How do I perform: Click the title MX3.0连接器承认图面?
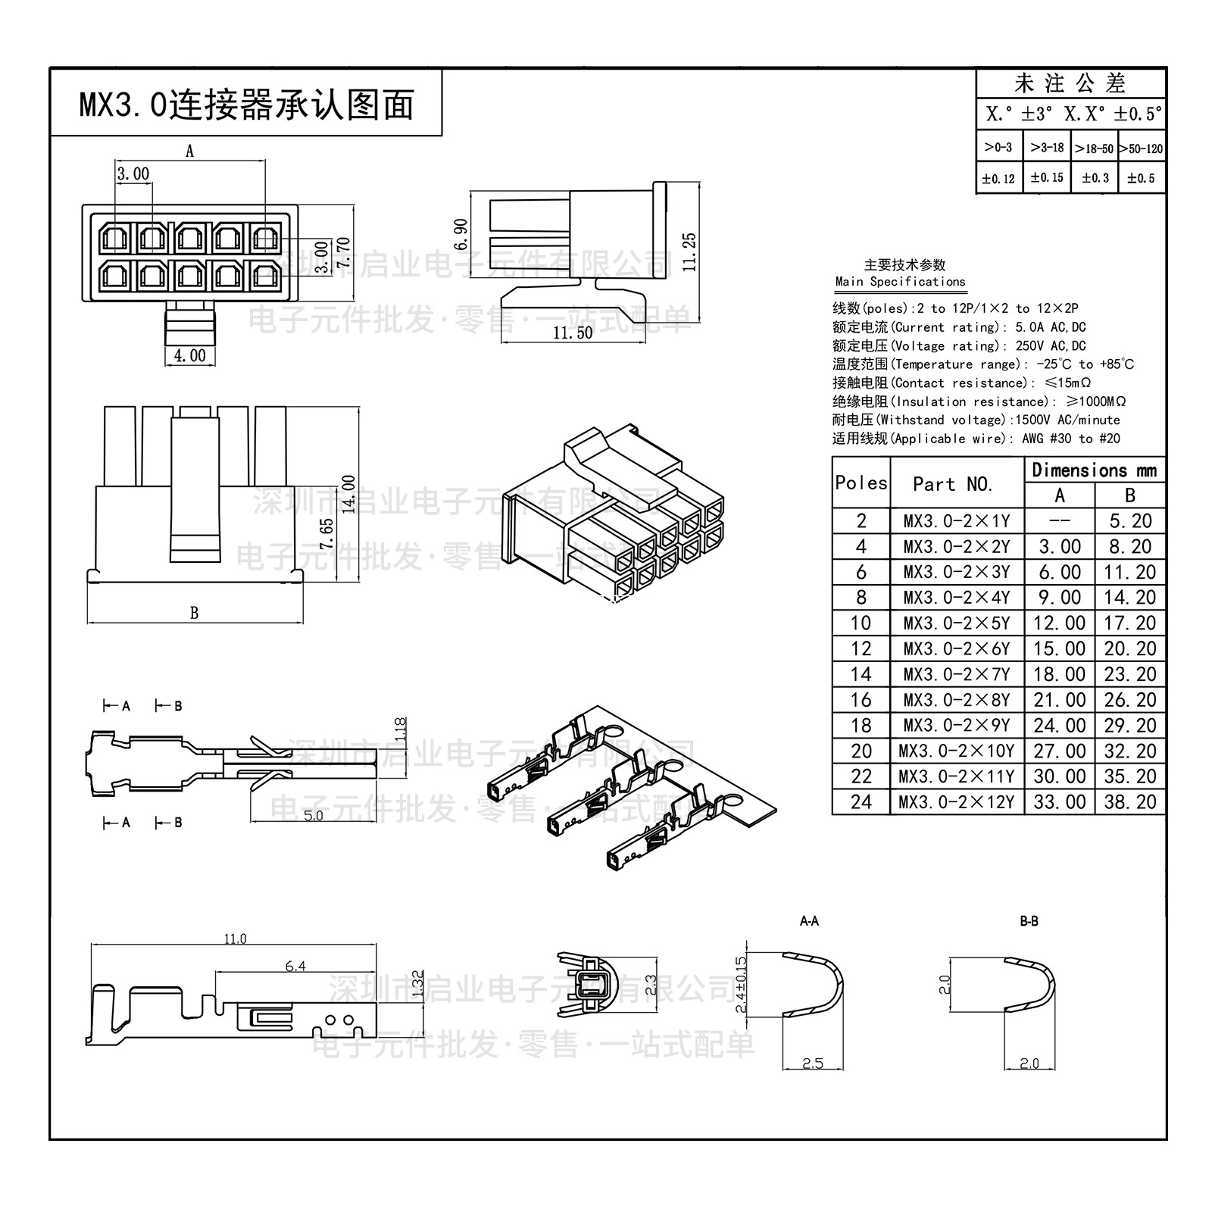click(x=247, y=105)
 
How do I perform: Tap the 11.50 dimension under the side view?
click(x=573, y=333)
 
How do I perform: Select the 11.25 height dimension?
click(x=689, y=251)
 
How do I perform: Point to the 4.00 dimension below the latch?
click(x=189, y=355)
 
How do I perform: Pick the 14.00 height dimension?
click(x=349, y=494)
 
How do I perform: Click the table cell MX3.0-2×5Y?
click(x=957, y=623)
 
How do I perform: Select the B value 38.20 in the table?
click(x=1129, y=801)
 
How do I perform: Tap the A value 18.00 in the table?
click(x=1059, y=674)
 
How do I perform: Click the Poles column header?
click(x=861, y=483)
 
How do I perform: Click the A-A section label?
click(x=809, y=921)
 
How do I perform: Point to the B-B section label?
click(x=1029, y=921)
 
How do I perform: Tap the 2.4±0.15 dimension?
click(x=742, y=984)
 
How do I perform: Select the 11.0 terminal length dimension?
click(x=235, y=939)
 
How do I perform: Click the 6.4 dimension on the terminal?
click(x=295, y=966)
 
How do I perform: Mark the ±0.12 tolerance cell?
click(x=998, y=179)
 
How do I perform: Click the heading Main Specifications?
click(x=900, y=281)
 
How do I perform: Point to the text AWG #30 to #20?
click(x=1070, y=439)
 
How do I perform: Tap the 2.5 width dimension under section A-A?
click(x=812, y=1064)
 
